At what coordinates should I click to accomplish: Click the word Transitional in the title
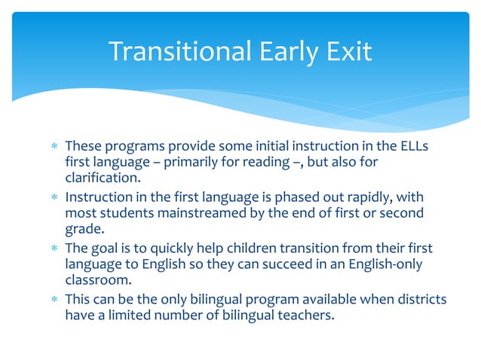179,51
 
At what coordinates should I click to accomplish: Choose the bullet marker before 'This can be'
53,300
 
